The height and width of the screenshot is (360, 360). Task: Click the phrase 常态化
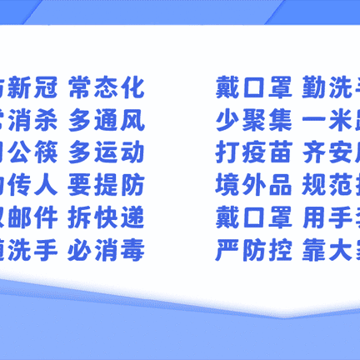tap(107, 87)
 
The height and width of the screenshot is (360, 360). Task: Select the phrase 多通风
tap(107, 122)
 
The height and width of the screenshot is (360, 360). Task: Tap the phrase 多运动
tap(107, 153)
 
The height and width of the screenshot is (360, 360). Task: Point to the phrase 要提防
tap(107, 187)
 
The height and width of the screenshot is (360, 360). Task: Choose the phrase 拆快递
tap(107, 220)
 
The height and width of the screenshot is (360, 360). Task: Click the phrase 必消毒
tap(107, 249)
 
